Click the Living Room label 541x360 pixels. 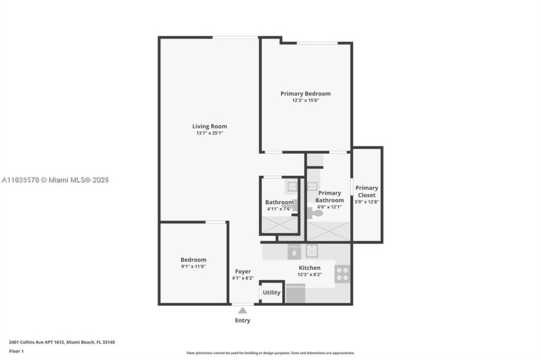209,126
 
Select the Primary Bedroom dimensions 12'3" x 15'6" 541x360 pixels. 305,100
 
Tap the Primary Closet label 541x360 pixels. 366,191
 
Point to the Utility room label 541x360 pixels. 271,292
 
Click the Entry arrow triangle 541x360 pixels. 242,310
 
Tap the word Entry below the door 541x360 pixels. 242,320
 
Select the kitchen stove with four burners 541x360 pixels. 342,274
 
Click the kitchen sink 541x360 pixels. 312,251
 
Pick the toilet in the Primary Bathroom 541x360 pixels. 317,211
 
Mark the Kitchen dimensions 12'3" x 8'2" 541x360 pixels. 309,275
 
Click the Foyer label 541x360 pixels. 242,271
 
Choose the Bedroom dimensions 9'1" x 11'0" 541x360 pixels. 193,267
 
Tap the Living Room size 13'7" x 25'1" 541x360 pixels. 209,133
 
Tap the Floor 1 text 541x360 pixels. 17,351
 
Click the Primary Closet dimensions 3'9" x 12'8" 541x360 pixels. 366,202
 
